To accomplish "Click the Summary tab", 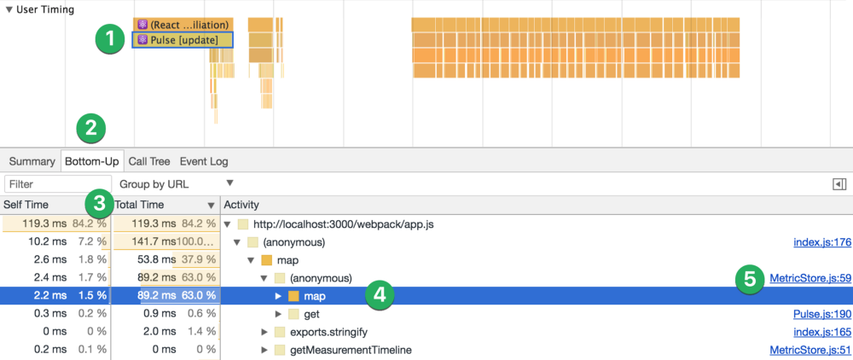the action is click(32, 161).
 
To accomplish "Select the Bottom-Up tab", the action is click(90, 161).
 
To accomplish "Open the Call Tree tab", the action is click(148, 161).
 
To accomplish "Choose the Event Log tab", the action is click(203, 161).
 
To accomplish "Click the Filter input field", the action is click(46, 184).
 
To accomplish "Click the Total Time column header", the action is click(140, 206).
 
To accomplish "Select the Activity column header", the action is click(242, 206).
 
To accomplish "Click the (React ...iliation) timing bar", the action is click(182, 25).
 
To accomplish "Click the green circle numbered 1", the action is click(110, 39).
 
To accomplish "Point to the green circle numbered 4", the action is click(380, 295).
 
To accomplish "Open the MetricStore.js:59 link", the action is click(809, 277).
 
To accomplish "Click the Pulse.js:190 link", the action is click(821, 314).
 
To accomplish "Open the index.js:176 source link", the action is click(821, 242).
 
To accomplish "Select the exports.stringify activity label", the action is click(328, 331).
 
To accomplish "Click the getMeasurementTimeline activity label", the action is click(351, 349).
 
